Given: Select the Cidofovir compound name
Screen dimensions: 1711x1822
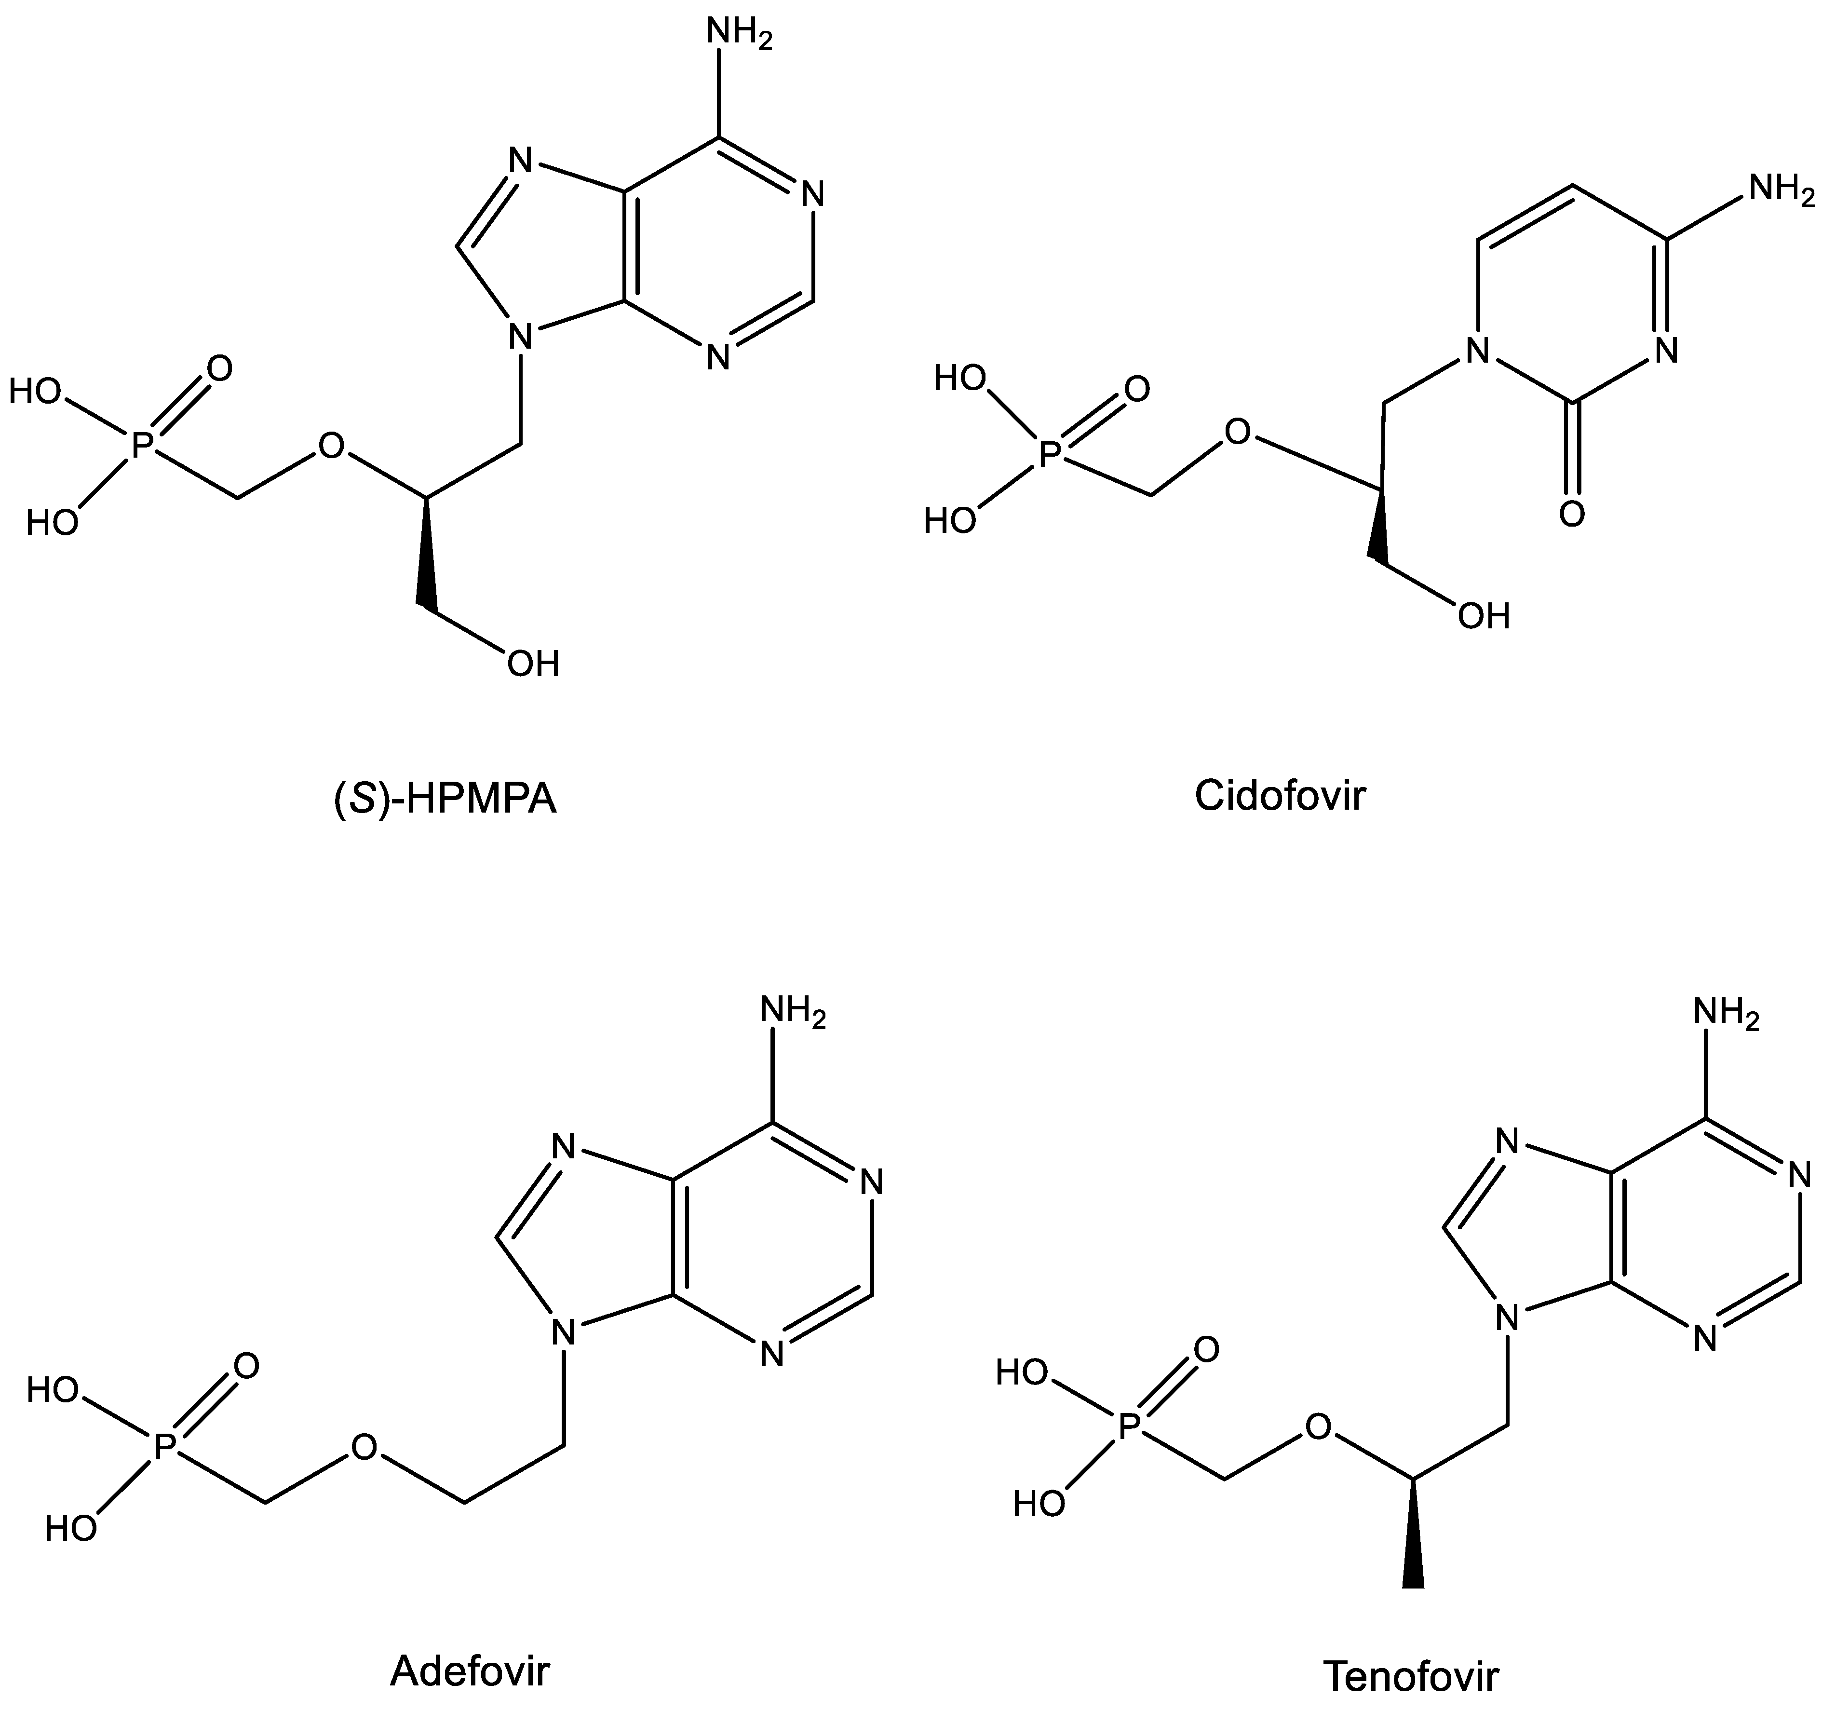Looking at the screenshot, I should tap(1280, 795).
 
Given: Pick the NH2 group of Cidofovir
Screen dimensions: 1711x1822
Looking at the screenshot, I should tap(1781, 189).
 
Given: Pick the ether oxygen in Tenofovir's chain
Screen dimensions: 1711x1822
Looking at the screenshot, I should tap(1318, 1427).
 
